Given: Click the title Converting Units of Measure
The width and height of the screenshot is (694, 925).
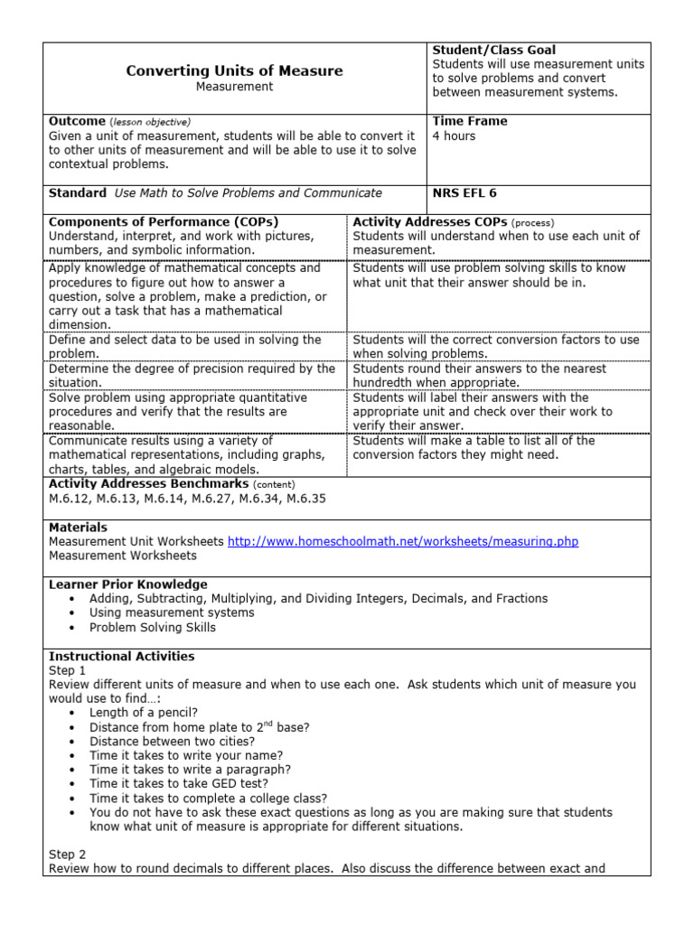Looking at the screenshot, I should pyautogui.click(x=234, y=70).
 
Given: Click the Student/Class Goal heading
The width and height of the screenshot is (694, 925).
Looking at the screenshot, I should pyautogui.click(x=493, y=51).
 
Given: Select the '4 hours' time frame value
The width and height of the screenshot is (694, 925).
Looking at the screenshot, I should pyautogui.click(x=454, y=136).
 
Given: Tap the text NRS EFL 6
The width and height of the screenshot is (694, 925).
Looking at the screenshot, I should pyautogui.click(x=464, y=193).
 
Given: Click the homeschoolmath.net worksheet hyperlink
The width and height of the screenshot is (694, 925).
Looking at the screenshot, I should pyautogui.click(x=403, y=542).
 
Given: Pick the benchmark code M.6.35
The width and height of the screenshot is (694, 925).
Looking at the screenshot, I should pyautogui.click(x=304, y=499).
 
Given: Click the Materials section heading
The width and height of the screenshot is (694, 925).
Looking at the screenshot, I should pyautogui.click(x=78, y=528).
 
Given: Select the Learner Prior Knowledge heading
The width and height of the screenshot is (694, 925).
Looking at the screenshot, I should pyautogui.click(x=127, y=584).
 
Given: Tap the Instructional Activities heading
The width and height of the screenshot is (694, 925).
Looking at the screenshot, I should pyautogui.click(x=121, y=657).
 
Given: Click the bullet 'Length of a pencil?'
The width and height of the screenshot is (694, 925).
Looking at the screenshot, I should pyautogui.click(x=144, y=713).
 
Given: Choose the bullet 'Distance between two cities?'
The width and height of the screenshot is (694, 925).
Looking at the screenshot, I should pyautogui.click(x=166, y=742).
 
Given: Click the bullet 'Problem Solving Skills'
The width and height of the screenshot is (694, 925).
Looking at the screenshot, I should pyautogui.click(x=153, y=627).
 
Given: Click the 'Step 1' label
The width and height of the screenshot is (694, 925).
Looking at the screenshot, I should pyautogui.click(x=67, y=671).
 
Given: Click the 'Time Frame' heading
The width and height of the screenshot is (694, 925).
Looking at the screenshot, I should pyautogui.click(x=470, y=121).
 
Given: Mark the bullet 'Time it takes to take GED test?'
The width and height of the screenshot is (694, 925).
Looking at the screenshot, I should pyautogui.click(x=179, y=784).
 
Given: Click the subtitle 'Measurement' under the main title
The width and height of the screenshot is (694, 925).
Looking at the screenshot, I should pyautogui.click(x=234, y=87).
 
